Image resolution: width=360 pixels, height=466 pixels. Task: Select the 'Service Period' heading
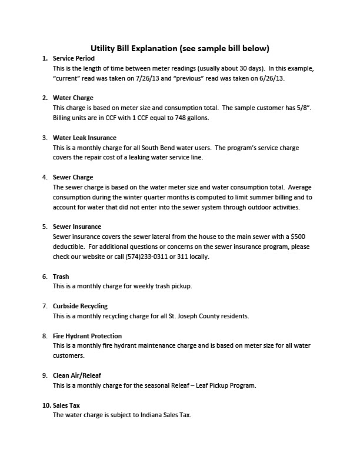click(74, 59)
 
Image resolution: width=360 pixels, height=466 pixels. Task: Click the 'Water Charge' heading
click(73, 98)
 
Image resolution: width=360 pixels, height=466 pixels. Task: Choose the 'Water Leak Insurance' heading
click(85, 137)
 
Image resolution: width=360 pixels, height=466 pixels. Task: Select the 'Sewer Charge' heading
click(73, 177)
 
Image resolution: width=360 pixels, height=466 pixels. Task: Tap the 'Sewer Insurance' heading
click(77, 227)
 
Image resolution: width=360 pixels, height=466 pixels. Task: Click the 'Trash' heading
click(62, 276)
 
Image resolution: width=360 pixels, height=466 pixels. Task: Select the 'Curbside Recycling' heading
click(80, 306)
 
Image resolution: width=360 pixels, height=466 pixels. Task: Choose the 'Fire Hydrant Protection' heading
click(87, 336)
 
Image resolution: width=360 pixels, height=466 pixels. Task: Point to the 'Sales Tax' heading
click(66, 405)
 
